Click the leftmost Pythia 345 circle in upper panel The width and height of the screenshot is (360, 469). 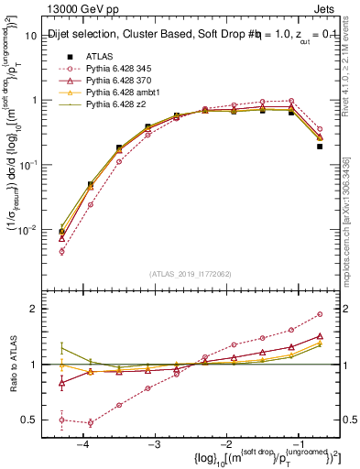coord(62,251)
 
